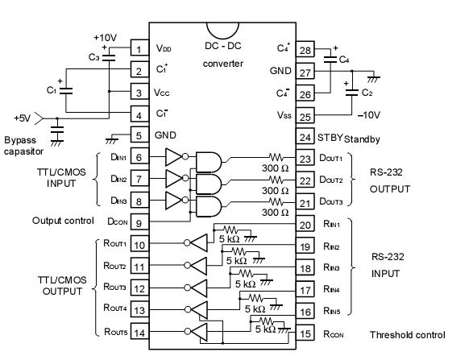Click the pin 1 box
coord(139,50)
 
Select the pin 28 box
coord(305,50)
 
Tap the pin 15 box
coord(305,333)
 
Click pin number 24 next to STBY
coord(305,138)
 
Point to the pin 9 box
coord(139,221)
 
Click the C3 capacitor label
coord(94,57)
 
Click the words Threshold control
coord(407,335)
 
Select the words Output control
coord(63,220)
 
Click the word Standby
coord(361,139)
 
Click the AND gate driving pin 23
coord(208,159)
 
